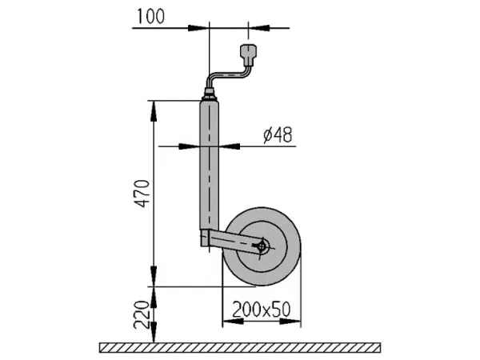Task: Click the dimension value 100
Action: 150,17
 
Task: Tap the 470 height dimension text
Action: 142,194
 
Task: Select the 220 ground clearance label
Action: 142,314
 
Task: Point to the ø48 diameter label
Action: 278,134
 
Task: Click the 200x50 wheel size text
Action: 261,310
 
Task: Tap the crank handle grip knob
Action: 248,54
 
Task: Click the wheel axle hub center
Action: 262,246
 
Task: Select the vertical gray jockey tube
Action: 210,166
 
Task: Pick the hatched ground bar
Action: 240,348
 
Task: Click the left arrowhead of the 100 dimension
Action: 198,28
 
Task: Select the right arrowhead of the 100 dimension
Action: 259,28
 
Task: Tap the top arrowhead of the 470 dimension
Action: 154,111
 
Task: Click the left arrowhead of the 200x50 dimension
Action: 233,322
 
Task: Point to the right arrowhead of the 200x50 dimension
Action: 290,322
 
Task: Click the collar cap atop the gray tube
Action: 210,94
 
